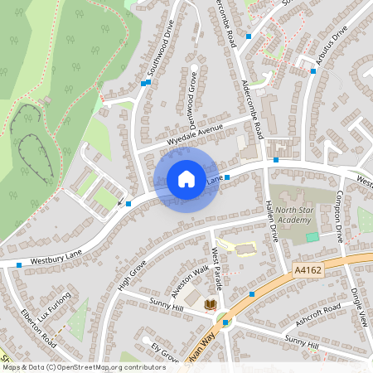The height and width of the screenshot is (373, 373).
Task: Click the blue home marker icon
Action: [x=186, y=178]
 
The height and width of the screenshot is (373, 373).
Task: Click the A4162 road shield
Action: [x=307, y=270]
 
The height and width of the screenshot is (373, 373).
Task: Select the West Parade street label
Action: [x=217, y=264]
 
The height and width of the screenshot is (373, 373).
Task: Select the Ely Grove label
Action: [x=165, y=352]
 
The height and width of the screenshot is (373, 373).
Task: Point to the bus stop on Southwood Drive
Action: [x=144, y=83]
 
